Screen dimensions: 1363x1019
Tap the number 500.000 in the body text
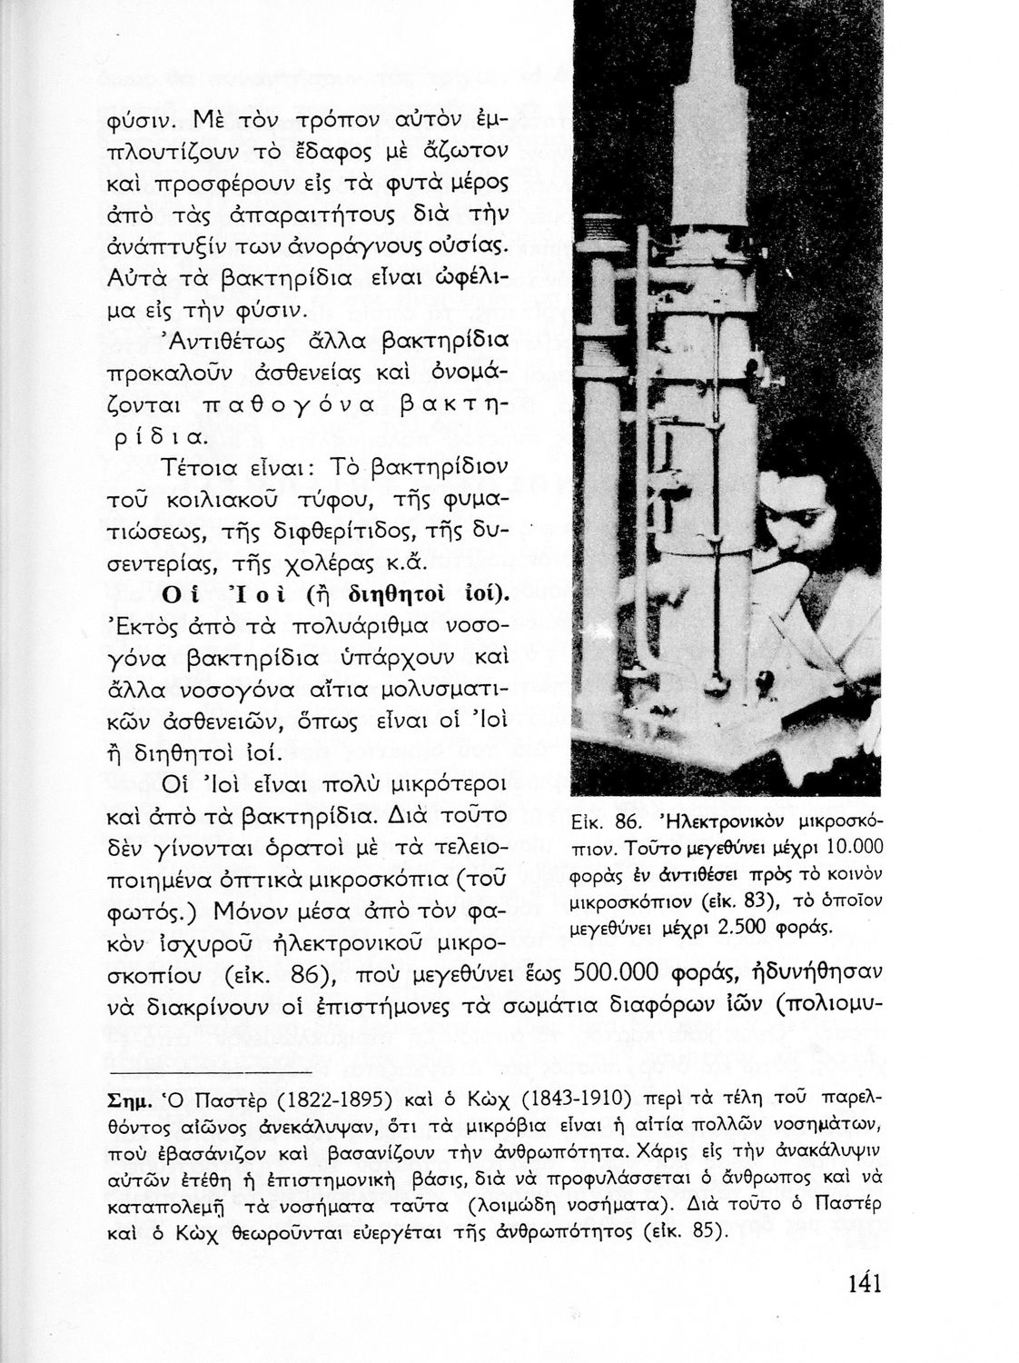click(x=618, y=972)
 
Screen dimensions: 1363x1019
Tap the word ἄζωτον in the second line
click(x=473, y=148)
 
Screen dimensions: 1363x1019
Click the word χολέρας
click(x=353, y=562)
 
